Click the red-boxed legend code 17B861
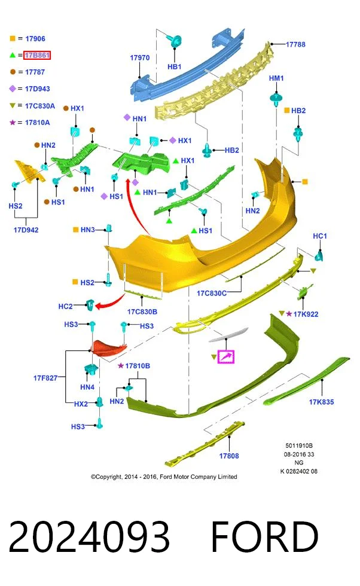pos(37,55)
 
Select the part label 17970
pos(139,58)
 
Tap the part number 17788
pos(295,44)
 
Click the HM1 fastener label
pos(276,78)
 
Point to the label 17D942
pos(26,230)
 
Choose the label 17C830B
pos(142,312)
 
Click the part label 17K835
pos(321,402)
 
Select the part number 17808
pos(229,456)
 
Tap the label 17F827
pos(45,378)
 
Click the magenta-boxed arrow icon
pos(226,356)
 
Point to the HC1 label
pos(319,236)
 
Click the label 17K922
pos(306,315)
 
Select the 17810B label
pos(138,366)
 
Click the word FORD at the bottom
pos(265,537)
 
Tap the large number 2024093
pos(89,537)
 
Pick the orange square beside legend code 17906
pos(13,38)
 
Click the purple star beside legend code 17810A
pos(13,122)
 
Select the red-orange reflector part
pos(109,347)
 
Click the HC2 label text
pos(65,306)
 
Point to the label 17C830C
pos(212,294)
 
